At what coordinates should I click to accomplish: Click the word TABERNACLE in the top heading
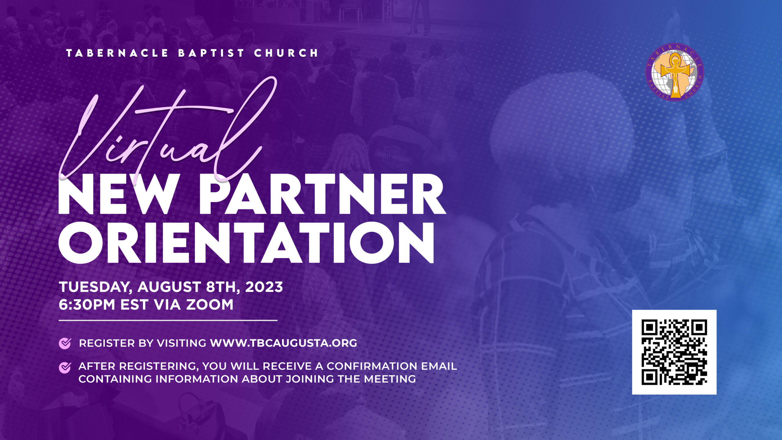pyautogui.click(x=117, y=53)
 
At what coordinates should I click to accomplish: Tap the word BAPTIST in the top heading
pyautogui.click(x=211, y=53)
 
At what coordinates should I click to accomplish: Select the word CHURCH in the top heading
pyautogui.click(x=286, y=53)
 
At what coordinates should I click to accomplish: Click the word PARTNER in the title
pyautogui.click(x=323, y=195)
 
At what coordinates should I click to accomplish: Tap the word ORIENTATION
pyautogui.click(x=246, y=243)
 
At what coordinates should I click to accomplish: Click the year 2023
pyautogui.click(x=264, y=287)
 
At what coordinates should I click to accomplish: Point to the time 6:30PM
pyautogui.click(x=87, y=305)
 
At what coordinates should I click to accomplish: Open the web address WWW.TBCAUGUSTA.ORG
pyautogui.click(x=283, y=343)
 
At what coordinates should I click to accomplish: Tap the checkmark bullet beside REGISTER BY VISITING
pyautogui.click(x=65, y=343)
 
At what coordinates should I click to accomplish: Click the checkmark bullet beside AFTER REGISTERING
pyautogui.click(x=65, y=367)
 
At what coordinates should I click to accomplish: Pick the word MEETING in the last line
pyautogui.click(x=390, y=379)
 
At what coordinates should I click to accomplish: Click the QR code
pyautogui.click(x=674, y=352)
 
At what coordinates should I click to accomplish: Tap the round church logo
pyautogui.click(x=674, y=72)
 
